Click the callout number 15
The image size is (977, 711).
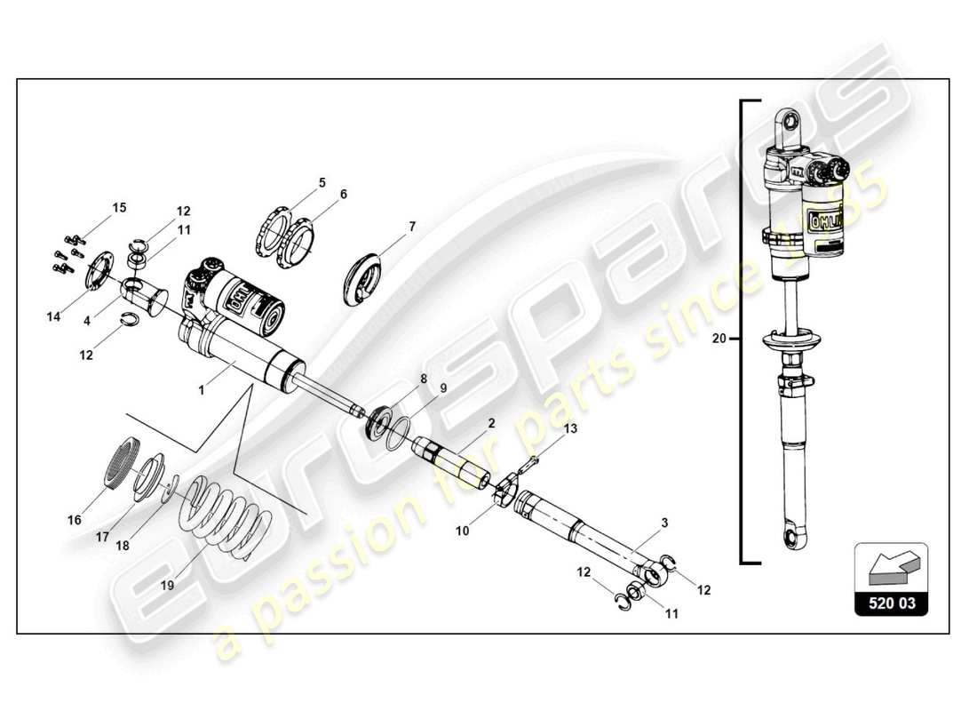click(119, 208)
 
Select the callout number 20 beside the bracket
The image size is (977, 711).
click(719, 339)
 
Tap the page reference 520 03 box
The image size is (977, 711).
click(891, 605)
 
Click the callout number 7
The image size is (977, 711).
click(412, 227)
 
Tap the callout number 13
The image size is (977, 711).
click(570, 428)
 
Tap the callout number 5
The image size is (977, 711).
click(322, 183)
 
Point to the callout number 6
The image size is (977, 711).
click(343, 194)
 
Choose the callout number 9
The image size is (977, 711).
click(442, 388)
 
